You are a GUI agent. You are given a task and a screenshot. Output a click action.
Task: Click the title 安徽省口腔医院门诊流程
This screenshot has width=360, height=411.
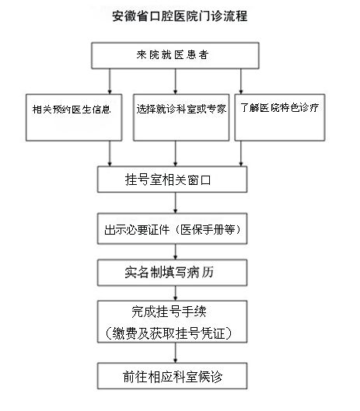180,16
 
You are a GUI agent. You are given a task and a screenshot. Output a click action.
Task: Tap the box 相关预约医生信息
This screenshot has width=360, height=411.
71,108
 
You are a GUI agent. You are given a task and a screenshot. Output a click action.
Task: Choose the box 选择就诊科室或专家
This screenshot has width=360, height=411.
180,108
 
